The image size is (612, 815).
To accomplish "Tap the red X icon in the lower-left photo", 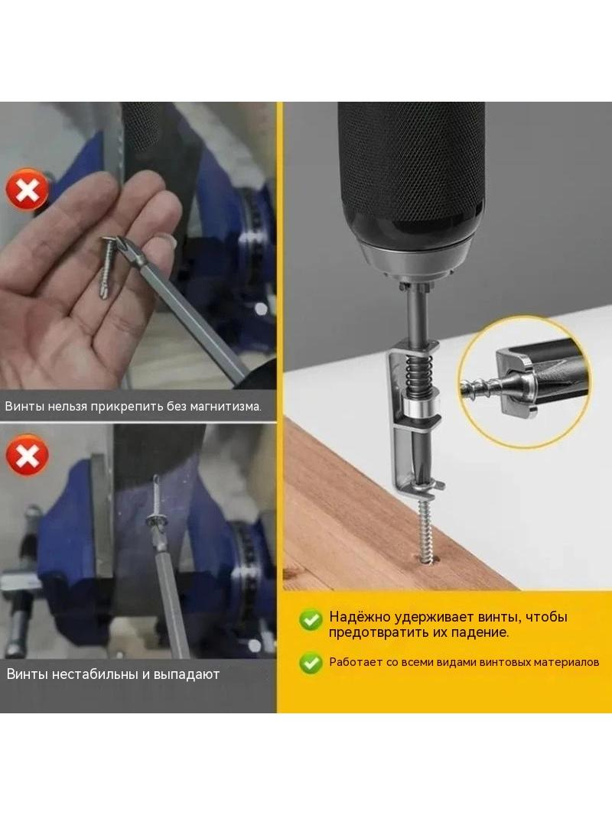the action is pos(27,455).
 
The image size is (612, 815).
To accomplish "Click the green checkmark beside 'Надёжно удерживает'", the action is pos(311,619).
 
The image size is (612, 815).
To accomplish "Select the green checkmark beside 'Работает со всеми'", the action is pos(311,663).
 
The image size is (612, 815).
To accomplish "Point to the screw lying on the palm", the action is pos(109,267).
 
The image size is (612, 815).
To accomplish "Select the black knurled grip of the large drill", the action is pos(412,167).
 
